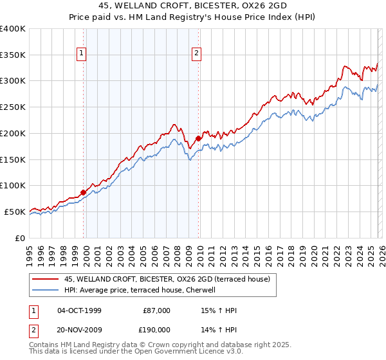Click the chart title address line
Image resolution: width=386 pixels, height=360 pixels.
click(x=193, y=4)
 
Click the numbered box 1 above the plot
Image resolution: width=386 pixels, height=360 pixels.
click(x=83, y=54)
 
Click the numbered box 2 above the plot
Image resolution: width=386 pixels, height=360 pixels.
click(x=196, y=54)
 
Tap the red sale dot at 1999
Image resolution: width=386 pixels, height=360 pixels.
click(x=83, y=192)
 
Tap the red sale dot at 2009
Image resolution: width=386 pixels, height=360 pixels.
click(x=198, y=138)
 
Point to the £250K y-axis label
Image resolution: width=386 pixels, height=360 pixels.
click(x=13, y=107)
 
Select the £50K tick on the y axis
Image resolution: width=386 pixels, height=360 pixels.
click(x=15, y=212)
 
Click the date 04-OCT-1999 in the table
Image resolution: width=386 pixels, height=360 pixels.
click(x=79, y=310)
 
